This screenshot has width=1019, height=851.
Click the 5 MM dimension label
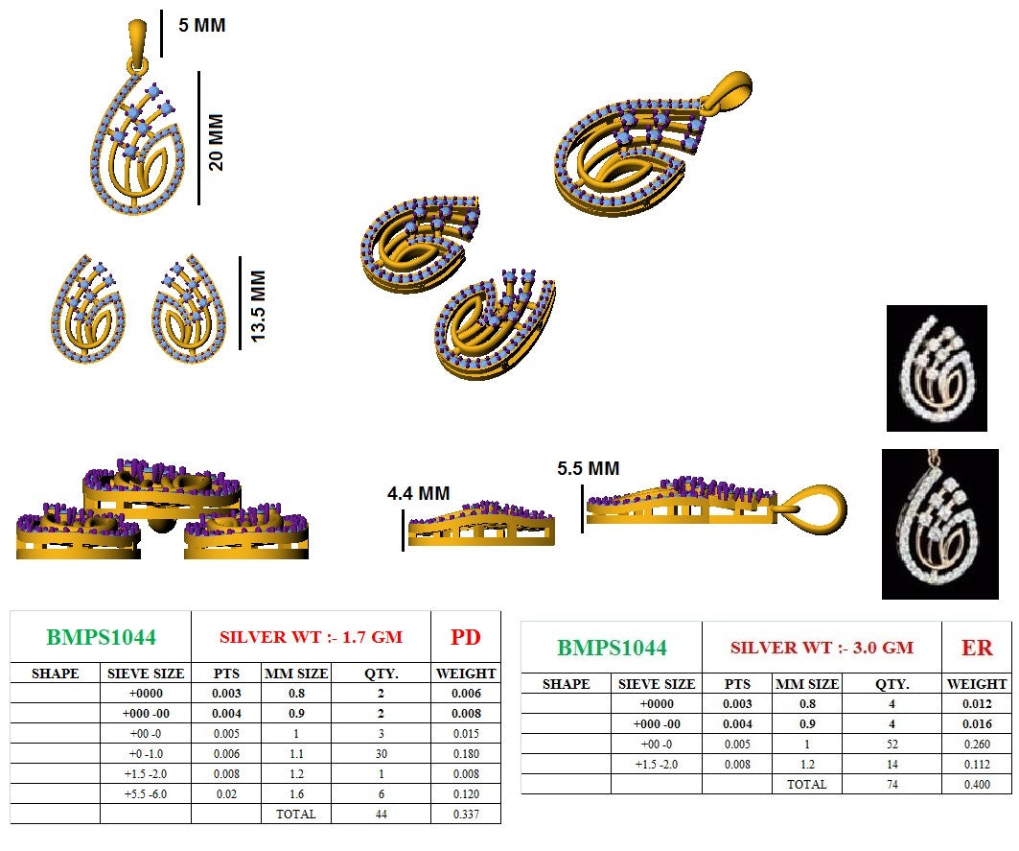coord(202,26)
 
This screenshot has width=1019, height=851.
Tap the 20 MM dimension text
coord(217,142)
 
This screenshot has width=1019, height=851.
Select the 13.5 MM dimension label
coord(256,306)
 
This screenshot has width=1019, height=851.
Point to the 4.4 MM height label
coord(418,494)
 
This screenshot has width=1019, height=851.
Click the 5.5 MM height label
coord(588,469)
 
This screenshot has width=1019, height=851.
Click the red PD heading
coord(465,637)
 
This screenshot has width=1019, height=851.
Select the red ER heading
coord(977,648)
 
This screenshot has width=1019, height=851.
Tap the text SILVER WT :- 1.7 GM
coord(311,637)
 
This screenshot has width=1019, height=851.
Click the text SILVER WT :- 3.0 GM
coord(822,648)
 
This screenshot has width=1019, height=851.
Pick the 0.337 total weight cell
coord(465,814)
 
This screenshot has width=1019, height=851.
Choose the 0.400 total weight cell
coord(977,784)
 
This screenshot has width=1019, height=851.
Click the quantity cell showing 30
coord(381,754)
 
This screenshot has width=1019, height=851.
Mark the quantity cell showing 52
coord(892,744)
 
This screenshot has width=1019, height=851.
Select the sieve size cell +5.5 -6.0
coord(145,794)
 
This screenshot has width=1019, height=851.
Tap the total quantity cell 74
coord(892,784)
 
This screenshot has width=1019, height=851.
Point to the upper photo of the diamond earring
coord(936,367)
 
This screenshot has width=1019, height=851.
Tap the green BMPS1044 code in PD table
coord(101,637)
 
